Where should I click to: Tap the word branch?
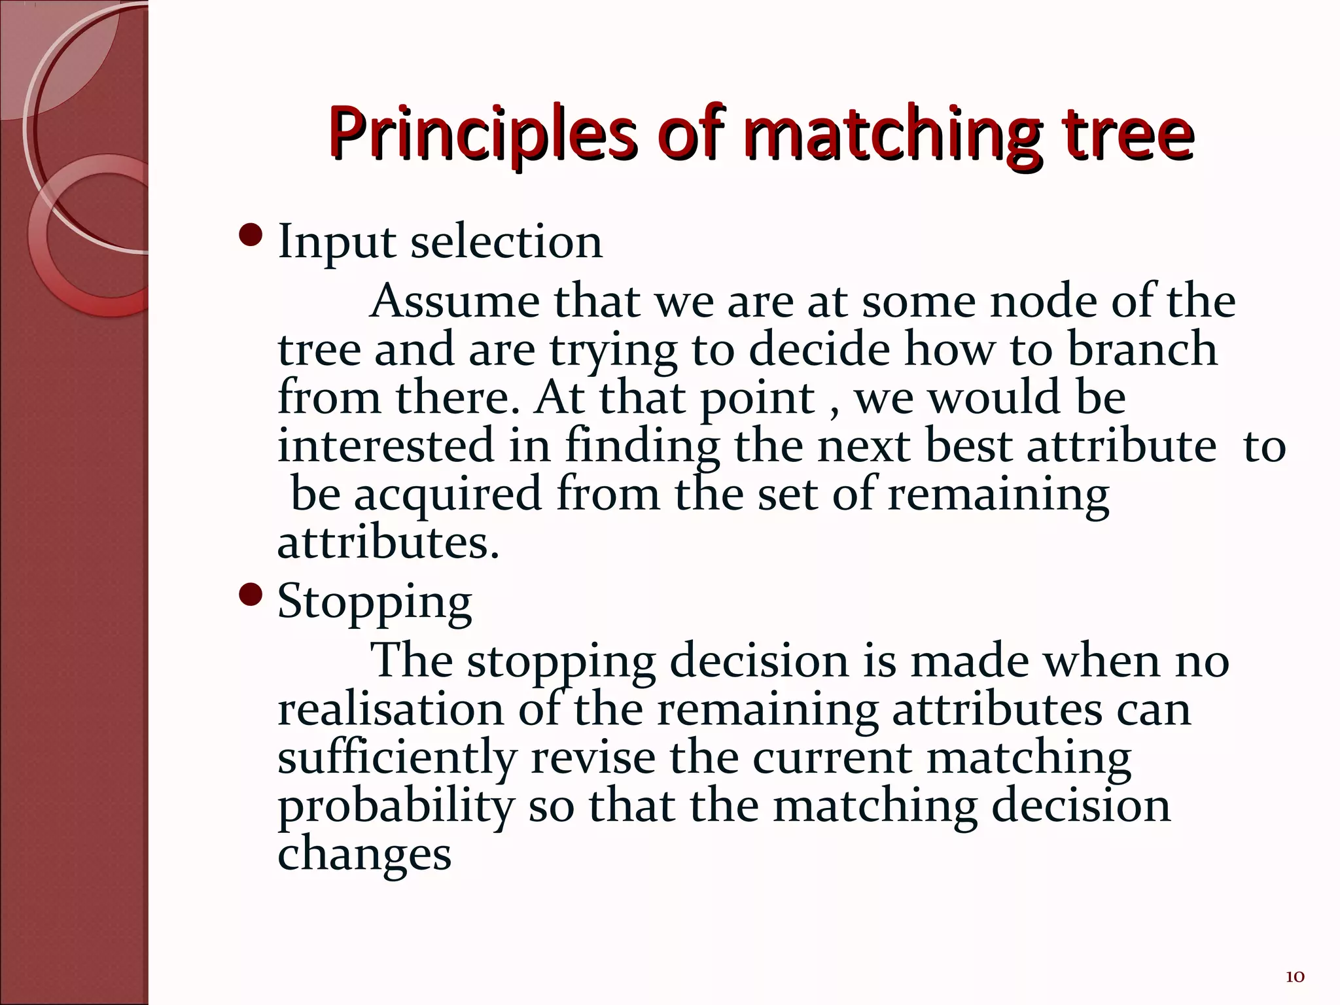[x=1142, y=349]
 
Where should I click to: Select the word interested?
[x=385, y=446]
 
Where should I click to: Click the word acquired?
[x=448, y=495]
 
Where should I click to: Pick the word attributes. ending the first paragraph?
[x=388, y=543]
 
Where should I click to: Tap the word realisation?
[x=391, y=709]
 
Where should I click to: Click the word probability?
[x=395, y=806]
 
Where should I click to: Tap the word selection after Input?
[x=506, y=242]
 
